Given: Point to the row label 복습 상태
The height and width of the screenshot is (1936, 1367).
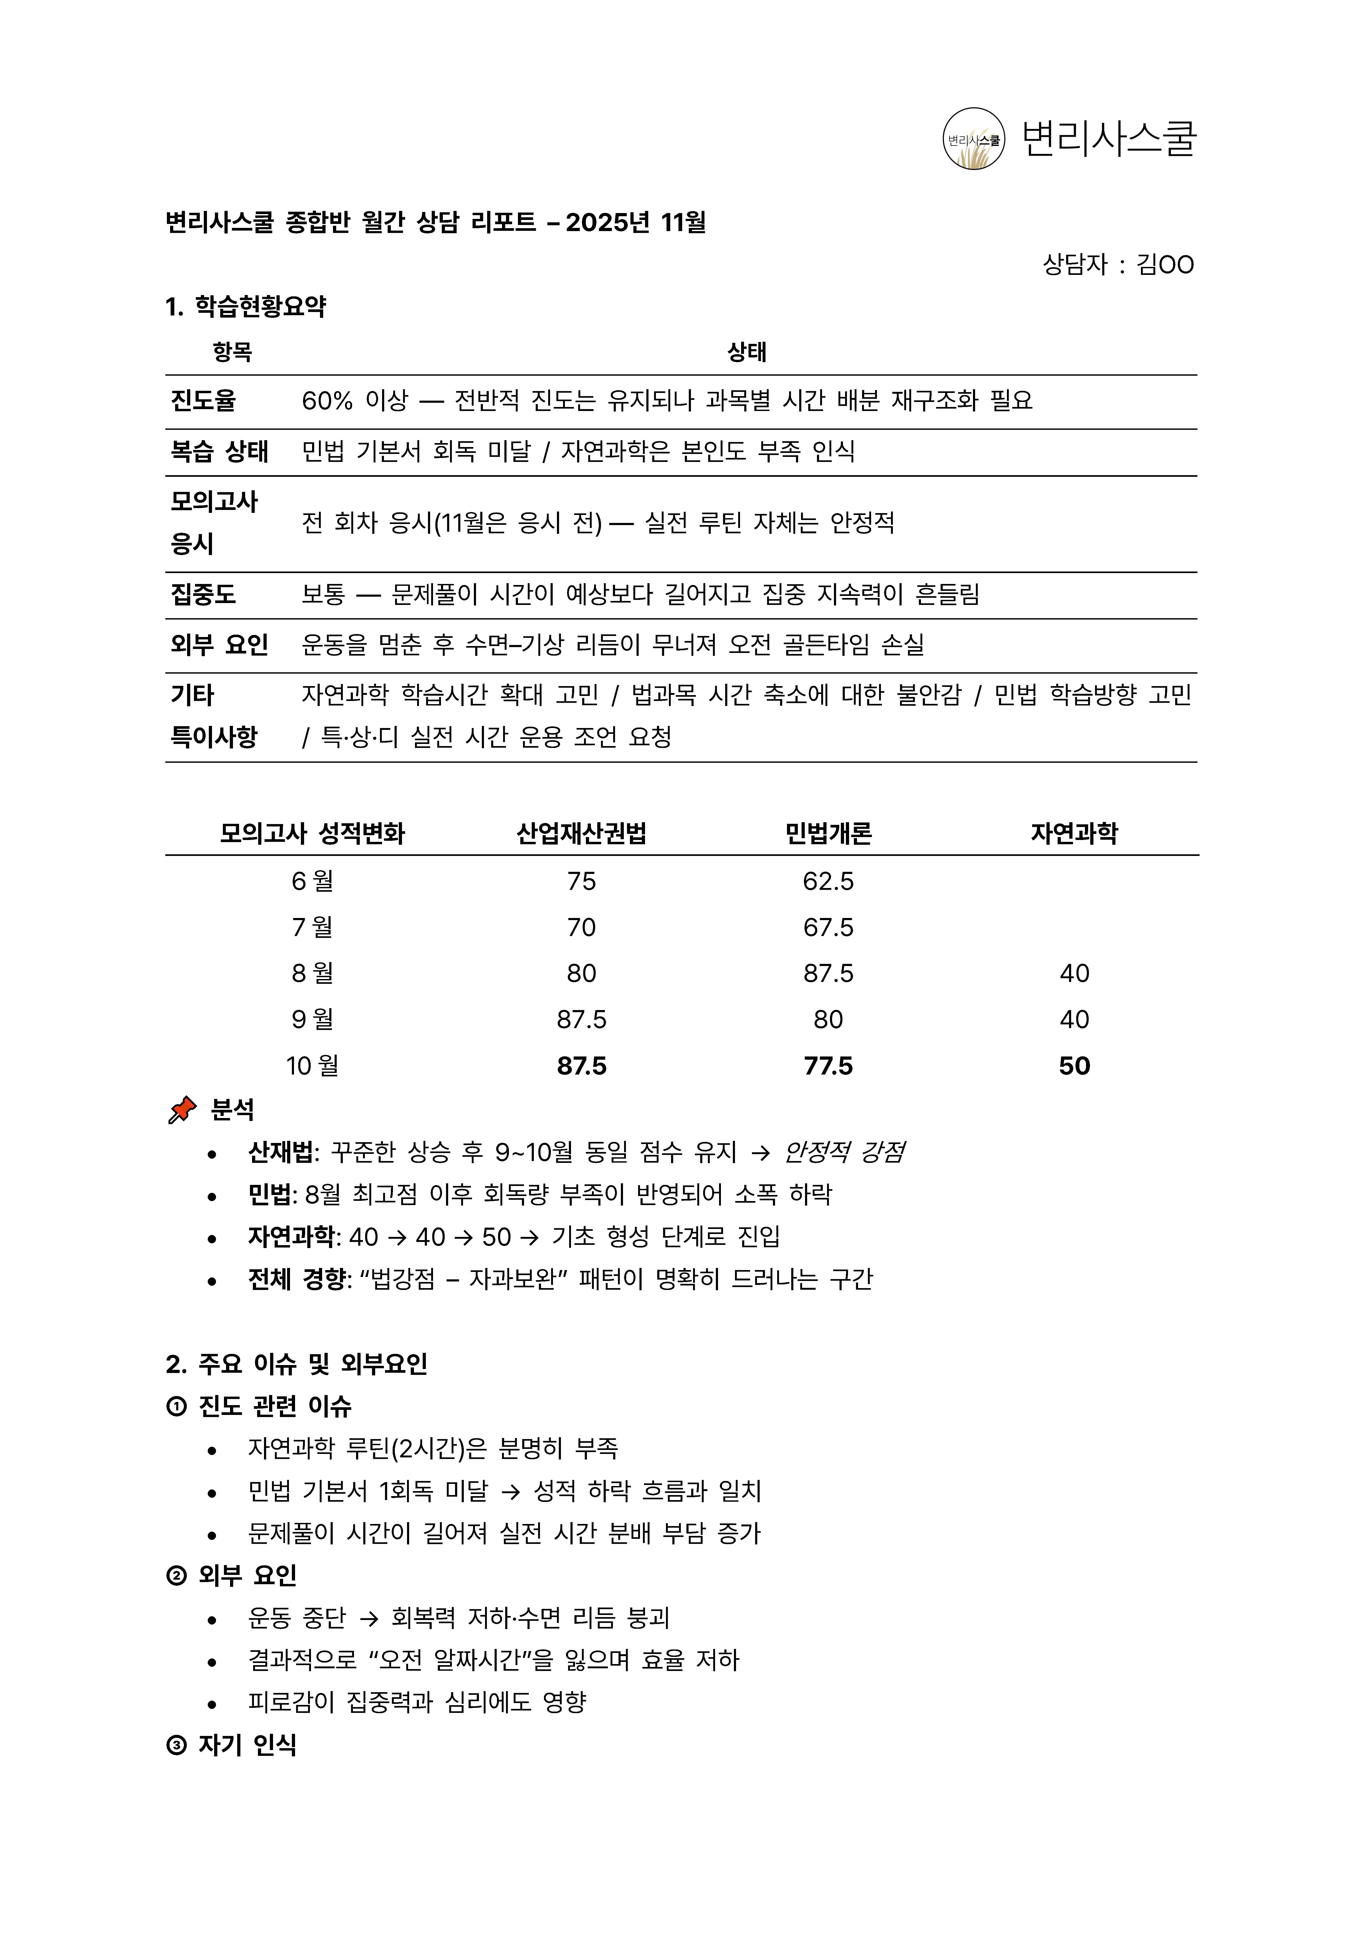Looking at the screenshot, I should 219,451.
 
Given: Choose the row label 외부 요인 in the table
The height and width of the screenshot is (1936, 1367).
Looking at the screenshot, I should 219,645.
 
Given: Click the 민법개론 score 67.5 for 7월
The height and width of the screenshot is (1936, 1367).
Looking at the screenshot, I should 828,928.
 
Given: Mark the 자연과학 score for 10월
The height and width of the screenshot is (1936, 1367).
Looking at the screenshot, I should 1074,1066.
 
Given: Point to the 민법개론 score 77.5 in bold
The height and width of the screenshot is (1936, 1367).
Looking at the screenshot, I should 828,1066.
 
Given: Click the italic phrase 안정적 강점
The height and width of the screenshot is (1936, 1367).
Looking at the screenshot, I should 844,1152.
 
